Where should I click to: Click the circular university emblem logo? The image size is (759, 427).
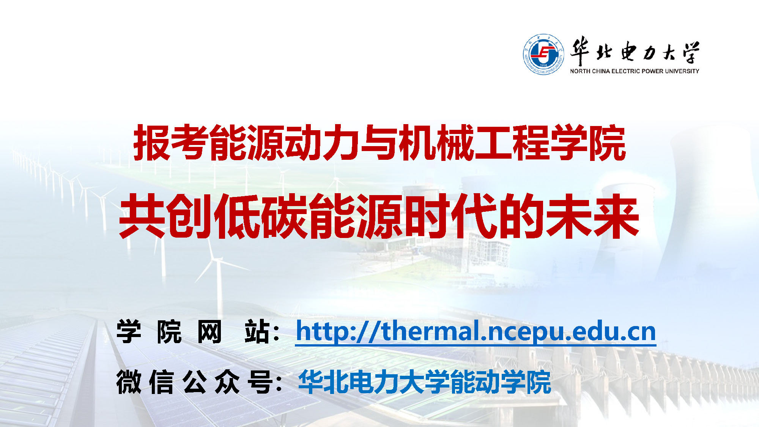543,54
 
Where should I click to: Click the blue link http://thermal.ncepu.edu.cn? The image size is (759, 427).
476,331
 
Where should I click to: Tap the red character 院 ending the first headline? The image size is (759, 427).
607,143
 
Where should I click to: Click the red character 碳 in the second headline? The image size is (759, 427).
285,216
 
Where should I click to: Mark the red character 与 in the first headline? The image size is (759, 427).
379,143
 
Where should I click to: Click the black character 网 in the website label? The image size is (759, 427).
209,332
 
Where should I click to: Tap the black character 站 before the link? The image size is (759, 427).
257,332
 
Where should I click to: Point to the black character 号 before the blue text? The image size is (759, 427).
260,382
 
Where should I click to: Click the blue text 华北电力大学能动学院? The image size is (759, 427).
424,382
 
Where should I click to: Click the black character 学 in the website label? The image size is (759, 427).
129,332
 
